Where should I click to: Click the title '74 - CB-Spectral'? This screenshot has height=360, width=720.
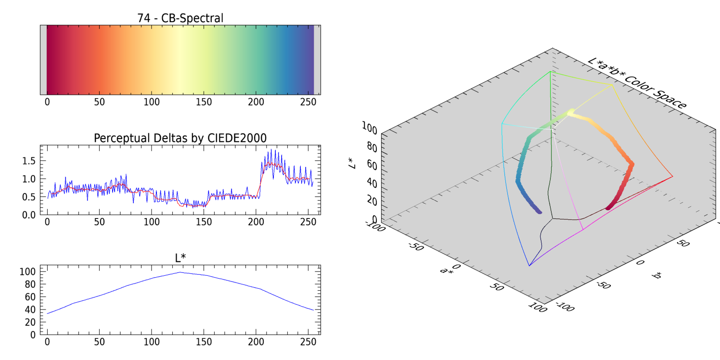180,18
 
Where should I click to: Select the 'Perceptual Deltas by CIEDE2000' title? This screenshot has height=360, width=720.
180,138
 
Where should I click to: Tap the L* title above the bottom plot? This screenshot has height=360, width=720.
180,258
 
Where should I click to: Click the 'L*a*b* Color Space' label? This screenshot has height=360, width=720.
637,84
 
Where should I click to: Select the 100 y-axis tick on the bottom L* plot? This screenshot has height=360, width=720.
28,272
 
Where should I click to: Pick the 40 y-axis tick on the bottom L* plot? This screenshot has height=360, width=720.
30,309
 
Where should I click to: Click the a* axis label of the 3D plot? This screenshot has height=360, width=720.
447,271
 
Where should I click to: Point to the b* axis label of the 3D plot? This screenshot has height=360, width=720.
656,276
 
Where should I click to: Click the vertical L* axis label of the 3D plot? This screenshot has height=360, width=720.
353,163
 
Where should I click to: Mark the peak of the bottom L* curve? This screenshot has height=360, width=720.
180,272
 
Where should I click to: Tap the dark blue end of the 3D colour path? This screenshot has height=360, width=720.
539,211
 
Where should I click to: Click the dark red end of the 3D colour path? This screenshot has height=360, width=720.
608,208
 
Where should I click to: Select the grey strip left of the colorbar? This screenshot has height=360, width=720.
43,60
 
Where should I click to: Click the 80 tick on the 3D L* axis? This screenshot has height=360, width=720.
371,146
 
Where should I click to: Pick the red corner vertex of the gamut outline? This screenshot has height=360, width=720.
672,176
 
